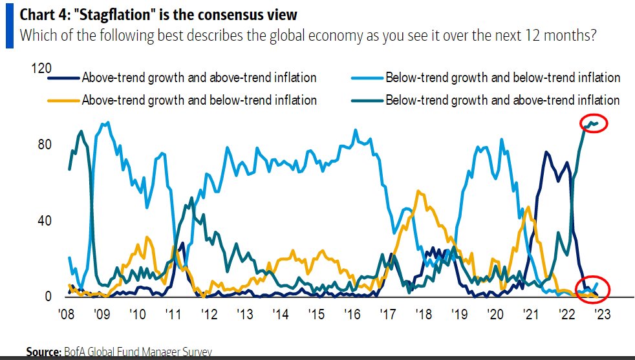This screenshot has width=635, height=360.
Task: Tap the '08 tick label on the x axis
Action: (67, 314)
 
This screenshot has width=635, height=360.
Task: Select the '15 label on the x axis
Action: (316, 314)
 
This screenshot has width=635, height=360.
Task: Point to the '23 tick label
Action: (602, 314)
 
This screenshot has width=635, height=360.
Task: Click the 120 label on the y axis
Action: (41, 68)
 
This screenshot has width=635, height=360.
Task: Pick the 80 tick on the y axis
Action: (45, 144)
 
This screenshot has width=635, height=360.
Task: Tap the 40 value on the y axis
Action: (45, 220)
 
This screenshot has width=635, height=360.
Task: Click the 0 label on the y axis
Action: (48, 297)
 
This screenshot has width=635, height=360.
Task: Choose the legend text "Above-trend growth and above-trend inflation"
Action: (199, 78)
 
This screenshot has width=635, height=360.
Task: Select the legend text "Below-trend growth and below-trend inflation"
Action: (502, 78)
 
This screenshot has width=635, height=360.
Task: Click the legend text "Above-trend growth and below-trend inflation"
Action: (199, 100)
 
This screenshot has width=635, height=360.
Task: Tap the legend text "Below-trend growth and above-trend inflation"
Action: (502, 100)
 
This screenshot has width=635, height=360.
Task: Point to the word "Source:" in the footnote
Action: (43, 352)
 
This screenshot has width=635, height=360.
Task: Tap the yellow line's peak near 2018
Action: (418, 191)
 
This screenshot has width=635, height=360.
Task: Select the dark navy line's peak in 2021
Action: (546, 153)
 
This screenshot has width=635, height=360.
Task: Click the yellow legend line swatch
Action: (63, 100)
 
